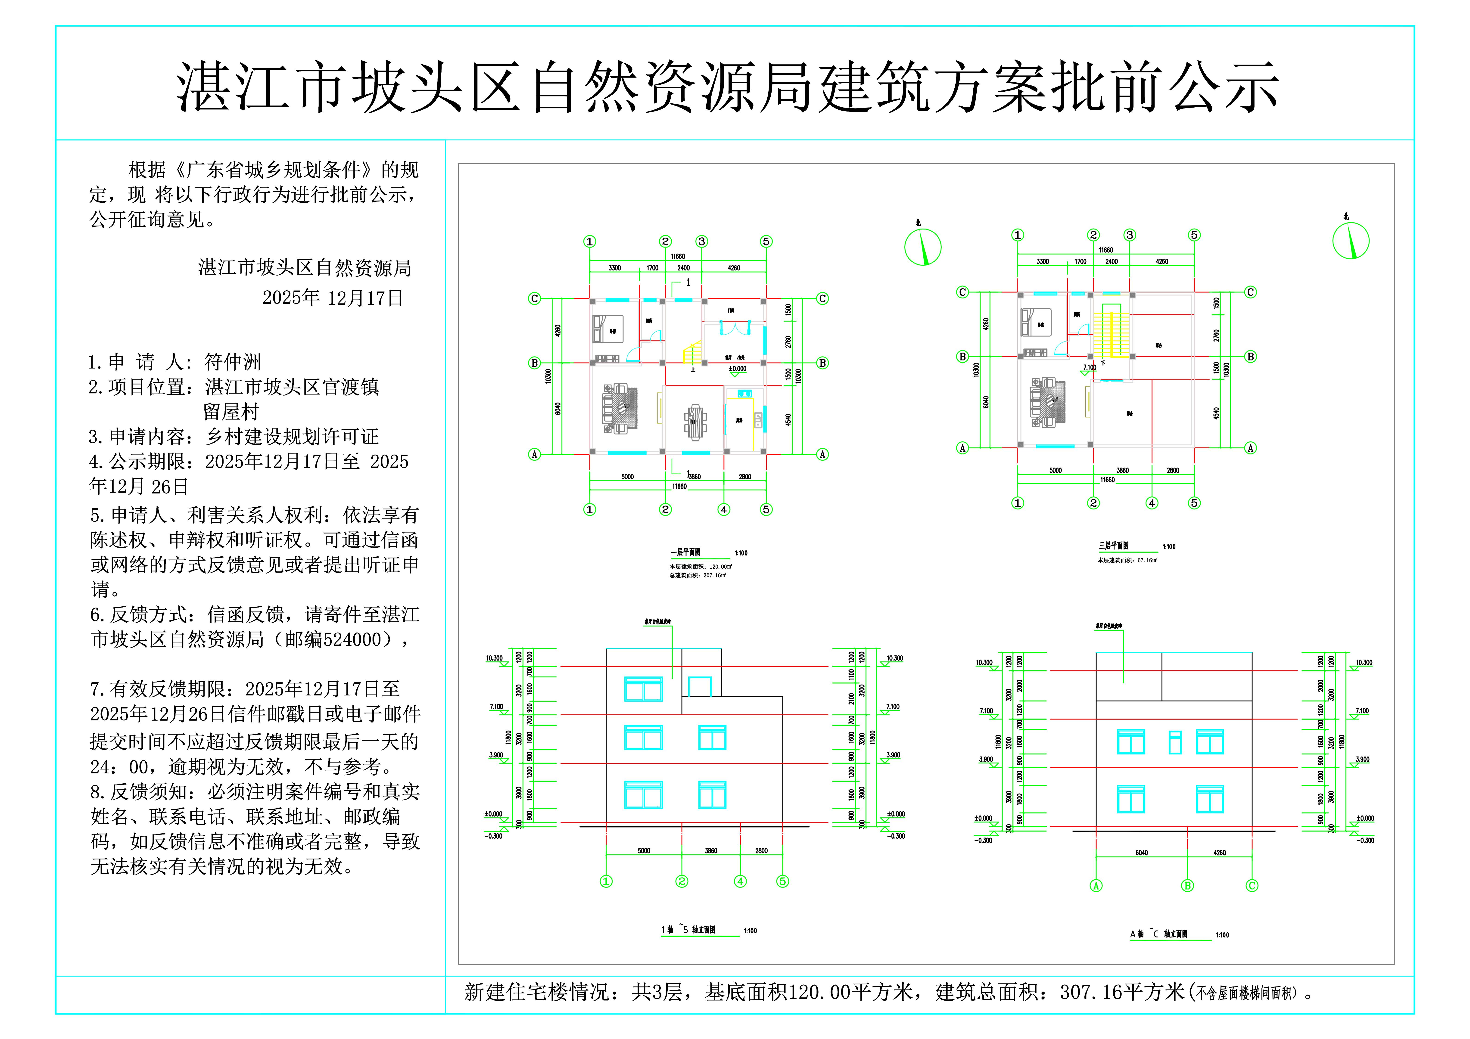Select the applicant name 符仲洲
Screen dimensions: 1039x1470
coord(232,362)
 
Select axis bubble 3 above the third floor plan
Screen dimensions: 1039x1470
coord(1130,235)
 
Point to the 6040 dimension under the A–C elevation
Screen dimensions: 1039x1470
coord(1142,853)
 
